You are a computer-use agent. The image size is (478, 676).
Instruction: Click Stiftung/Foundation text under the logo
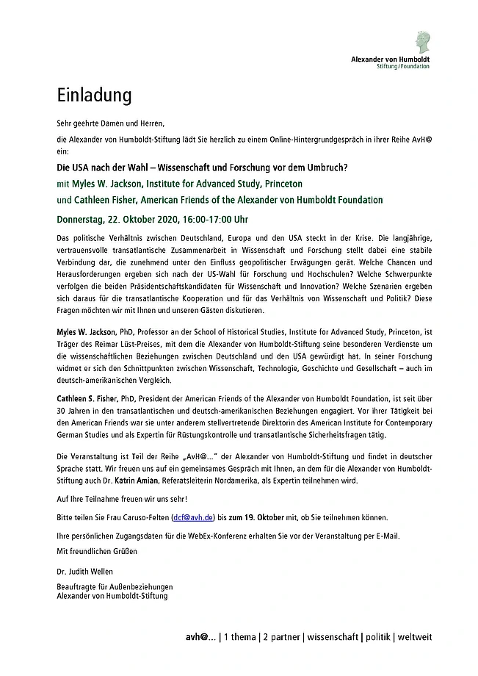coord(402,66)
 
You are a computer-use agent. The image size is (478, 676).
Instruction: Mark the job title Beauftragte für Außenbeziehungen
coord(115,586)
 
